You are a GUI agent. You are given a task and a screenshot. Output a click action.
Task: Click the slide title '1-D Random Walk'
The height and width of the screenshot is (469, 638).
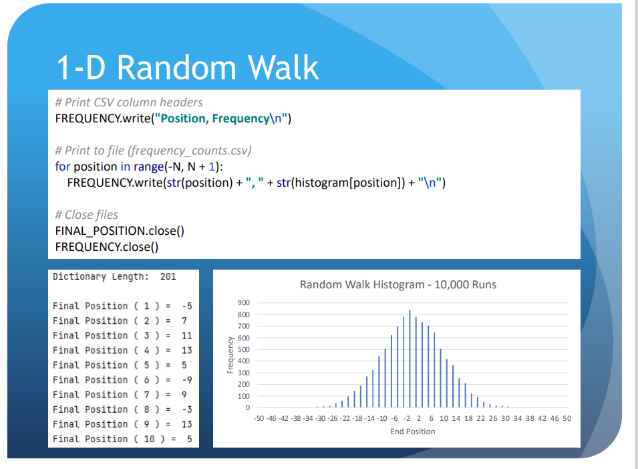tap(188, 68)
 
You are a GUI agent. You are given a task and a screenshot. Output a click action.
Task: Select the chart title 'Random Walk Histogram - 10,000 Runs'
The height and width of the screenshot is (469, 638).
tap(398, 284)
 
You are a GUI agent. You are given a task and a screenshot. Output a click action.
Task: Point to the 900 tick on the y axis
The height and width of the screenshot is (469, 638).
tap(243, 302)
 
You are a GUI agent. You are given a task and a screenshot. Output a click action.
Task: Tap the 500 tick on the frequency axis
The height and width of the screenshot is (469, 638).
tap(243, 349)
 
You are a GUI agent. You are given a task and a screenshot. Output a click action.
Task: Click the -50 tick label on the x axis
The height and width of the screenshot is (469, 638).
tap(259, 418)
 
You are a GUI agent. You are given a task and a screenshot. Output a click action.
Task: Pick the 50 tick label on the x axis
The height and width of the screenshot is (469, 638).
tap(567, 418)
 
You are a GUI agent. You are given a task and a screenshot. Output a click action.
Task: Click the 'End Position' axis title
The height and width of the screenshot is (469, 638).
tap(413, 432)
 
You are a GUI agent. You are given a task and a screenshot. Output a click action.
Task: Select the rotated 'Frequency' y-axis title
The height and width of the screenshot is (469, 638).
tap(230, 355)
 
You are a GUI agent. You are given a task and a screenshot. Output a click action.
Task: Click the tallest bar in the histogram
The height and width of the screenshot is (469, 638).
tap(410, 359)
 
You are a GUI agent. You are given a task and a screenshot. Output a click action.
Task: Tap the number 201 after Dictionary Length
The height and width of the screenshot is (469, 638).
tap(168, 277)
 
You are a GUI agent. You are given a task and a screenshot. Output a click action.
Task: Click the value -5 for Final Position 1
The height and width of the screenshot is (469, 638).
tap(187, 306)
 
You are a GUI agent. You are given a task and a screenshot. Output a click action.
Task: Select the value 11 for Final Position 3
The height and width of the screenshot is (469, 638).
tap(187, 336)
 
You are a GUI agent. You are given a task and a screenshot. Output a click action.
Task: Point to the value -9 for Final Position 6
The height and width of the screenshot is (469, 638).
tap(187, 380)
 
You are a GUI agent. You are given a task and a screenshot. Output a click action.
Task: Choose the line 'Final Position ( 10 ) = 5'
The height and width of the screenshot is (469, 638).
tap(122, 439)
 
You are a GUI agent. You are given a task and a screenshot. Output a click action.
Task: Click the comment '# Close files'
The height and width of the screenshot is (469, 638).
tap(87, 215)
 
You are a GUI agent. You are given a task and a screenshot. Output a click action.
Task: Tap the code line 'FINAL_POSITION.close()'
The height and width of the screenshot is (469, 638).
tap(120, 231)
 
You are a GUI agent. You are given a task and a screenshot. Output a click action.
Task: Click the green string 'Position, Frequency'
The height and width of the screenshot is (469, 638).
tap(215, 118)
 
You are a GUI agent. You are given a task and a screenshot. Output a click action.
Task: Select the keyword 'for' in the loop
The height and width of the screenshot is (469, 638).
tap(63, 166)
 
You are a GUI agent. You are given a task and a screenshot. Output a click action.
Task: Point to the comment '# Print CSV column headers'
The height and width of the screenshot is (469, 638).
tap(129, 102)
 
